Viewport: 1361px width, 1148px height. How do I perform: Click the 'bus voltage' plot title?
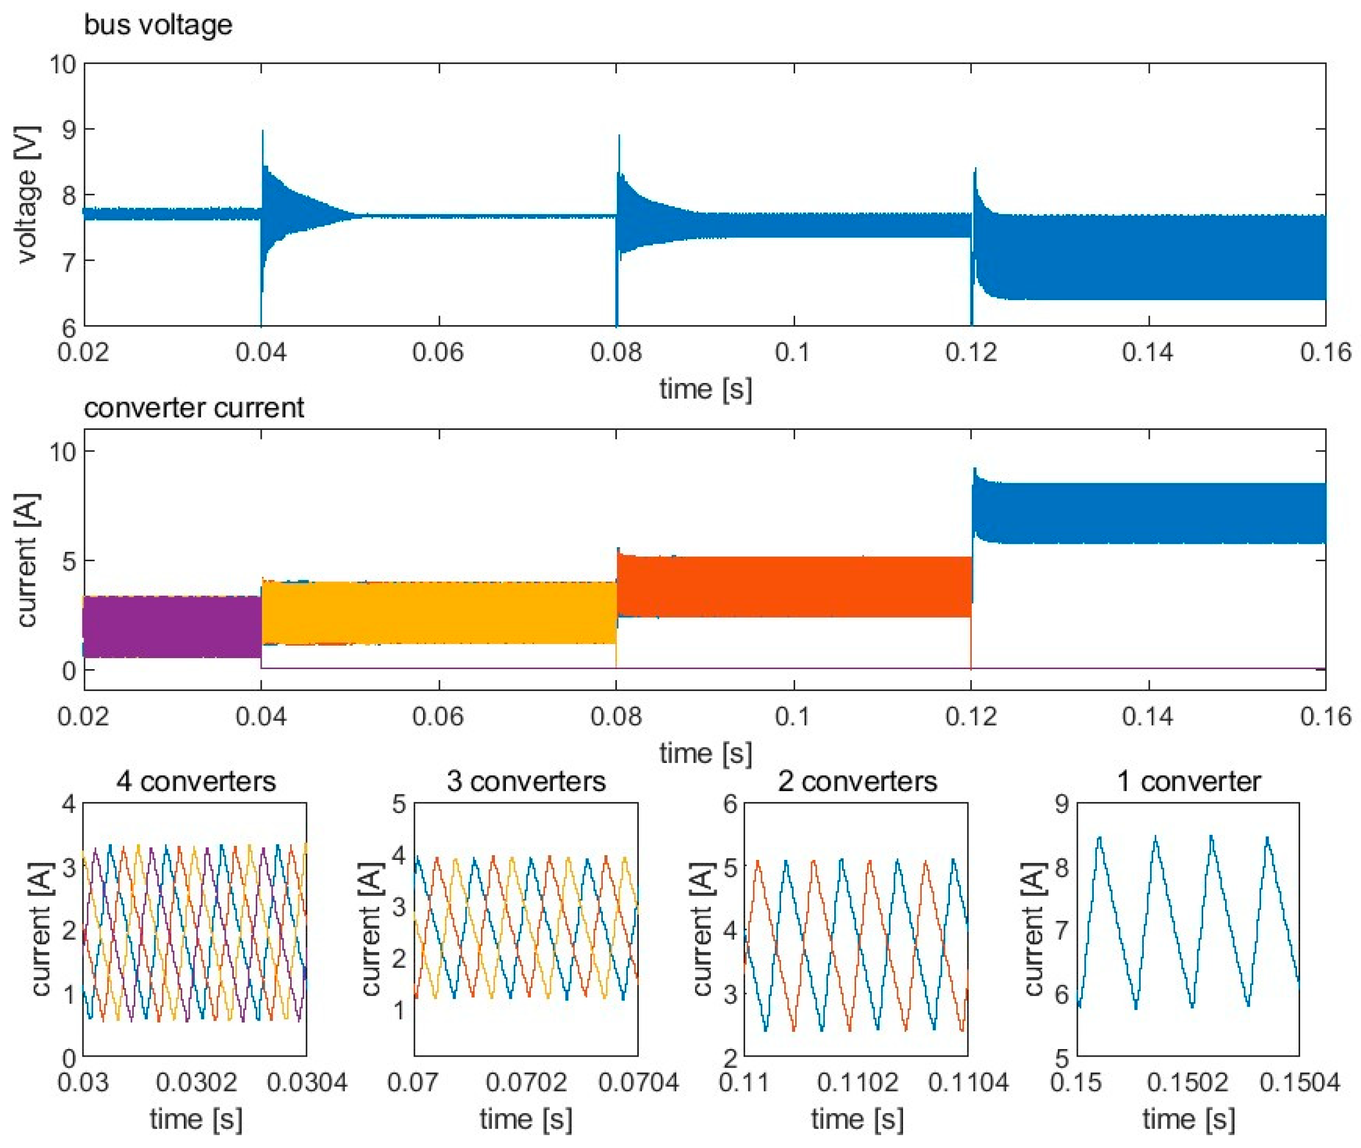158,25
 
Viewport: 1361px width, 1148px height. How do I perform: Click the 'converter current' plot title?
194,408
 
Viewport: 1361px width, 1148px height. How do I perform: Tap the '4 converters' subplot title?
196,781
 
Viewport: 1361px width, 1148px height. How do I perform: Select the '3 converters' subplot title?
526,781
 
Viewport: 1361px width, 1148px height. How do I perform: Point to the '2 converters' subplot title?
857,781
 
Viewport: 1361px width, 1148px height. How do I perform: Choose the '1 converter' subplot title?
1189,781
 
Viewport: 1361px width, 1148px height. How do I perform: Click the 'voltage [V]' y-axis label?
27,195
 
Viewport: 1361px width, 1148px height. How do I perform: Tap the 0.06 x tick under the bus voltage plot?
438,352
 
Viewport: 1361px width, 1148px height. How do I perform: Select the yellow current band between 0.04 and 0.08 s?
438,612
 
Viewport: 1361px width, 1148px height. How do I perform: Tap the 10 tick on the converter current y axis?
63,451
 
